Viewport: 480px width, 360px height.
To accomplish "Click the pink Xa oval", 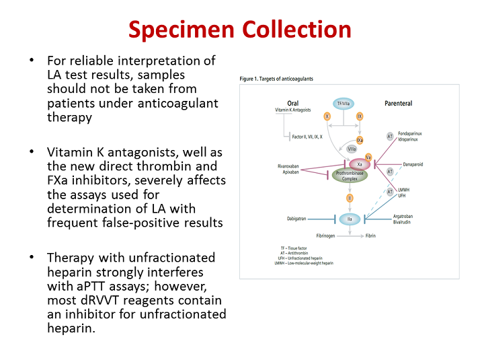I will pos(360,164).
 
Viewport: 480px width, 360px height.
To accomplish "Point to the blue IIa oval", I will pos(350,219).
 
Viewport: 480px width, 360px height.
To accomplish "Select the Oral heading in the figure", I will pos(292,103).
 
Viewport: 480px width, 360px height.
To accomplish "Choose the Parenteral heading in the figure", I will pos(398,103).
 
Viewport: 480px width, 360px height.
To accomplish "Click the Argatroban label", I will pos(405,216).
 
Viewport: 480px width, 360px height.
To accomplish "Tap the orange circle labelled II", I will pos(350,198).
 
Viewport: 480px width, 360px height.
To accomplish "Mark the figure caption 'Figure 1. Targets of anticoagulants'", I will pos(276,79).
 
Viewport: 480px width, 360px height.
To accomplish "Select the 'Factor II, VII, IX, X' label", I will pos(303,137).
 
